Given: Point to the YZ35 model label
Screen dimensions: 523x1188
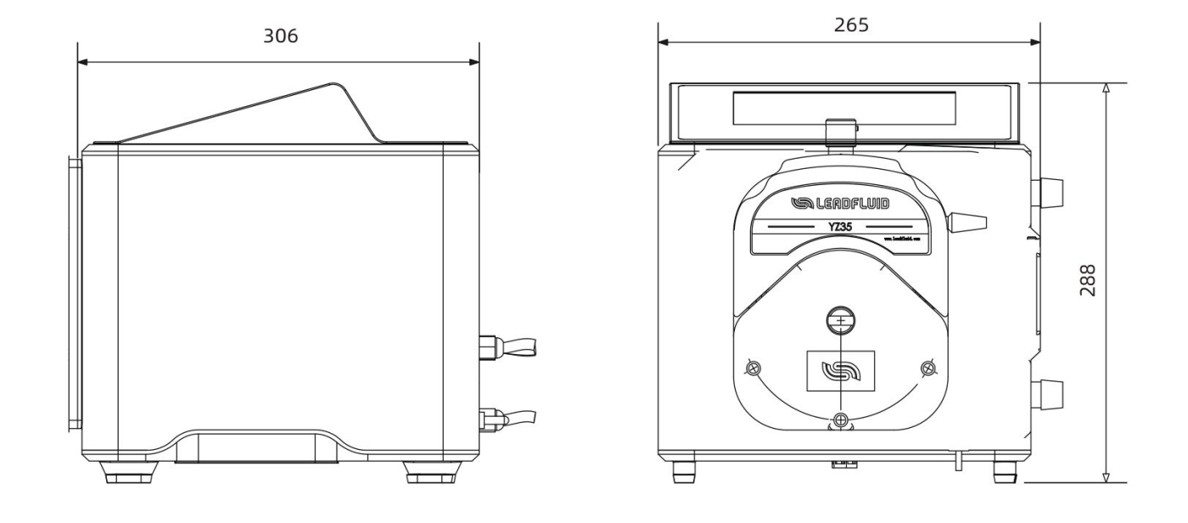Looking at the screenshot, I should (840, 227).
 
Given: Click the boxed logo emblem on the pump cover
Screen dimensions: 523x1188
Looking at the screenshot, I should (840, 370).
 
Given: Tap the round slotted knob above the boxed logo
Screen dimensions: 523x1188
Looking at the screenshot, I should (840, 320).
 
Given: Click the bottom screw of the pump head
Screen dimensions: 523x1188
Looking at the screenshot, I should (840, 419).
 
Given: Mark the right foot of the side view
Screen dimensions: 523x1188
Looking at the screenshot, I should (423, 471).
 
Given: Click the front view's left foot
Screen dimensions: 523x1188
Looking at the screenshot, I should (683, 471).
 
